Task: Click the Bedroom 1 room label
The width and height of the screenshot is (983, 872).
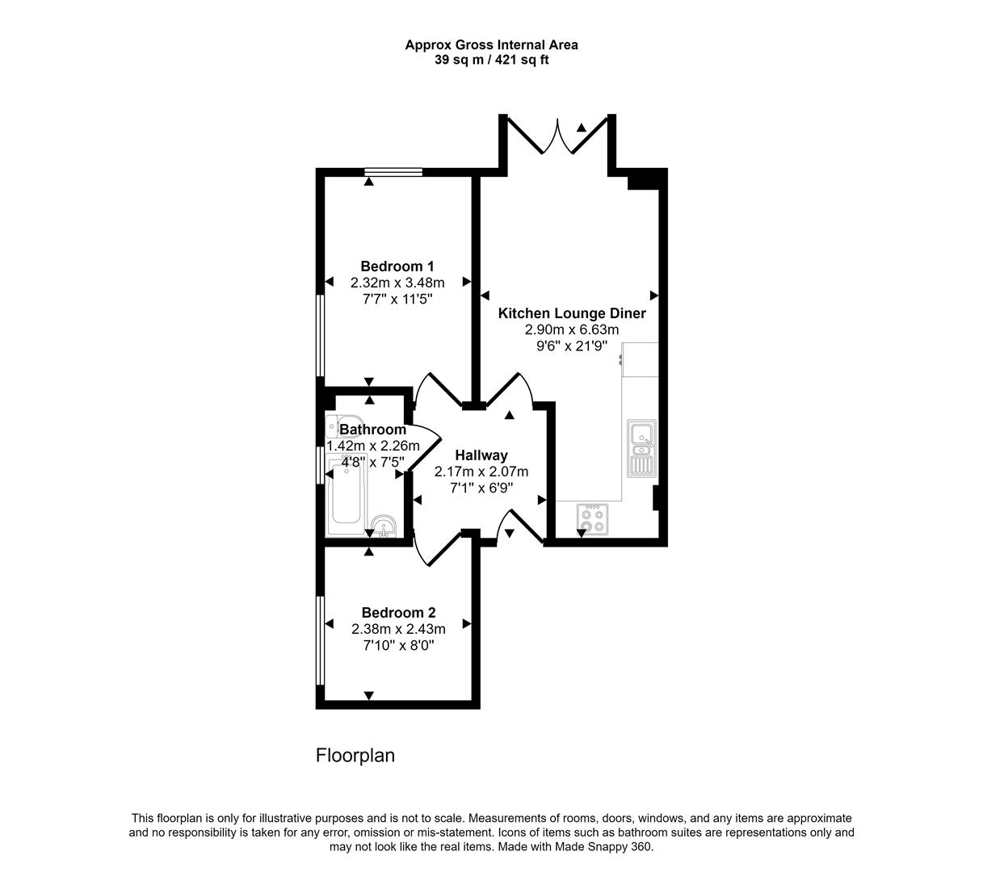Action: point(397,266)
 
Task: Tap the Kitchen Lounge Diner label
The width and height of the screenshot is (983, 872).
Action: point(571,313)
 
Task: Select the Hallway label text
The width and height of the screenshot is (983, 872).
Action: point(481,455)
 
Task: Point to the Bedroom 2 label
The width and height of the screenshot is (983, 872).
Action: point(398,613)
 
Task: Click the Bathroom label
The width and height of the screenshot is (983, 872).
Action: point(372,430)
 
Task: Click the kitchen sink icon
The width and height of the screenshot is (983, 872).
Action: point(642,448)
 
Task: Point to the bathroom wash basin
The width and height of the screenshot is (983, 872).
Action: point(382,526)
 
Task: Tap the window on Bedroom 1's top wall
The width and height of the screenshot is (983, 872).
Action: point(393,171)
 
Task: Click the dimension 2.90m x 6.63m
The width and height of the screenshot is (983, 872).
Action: point(571,329)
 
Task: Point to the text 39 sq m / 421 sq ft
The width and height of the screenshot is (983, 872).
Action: point(491,60)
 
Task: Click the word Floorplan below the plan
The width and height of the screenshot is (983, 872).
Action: point(355,756)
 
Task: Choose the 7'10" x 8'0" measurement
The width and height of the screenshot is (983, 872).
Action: point(398,645)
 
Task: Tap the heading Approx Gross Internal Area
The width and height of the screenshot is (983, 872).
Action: point(491,45)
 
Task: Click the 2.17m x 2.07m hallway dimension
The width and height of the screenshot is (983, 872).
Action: point(481,472)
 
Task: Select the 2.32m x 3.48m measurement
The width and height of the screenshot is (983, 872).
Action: point(397,283)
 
